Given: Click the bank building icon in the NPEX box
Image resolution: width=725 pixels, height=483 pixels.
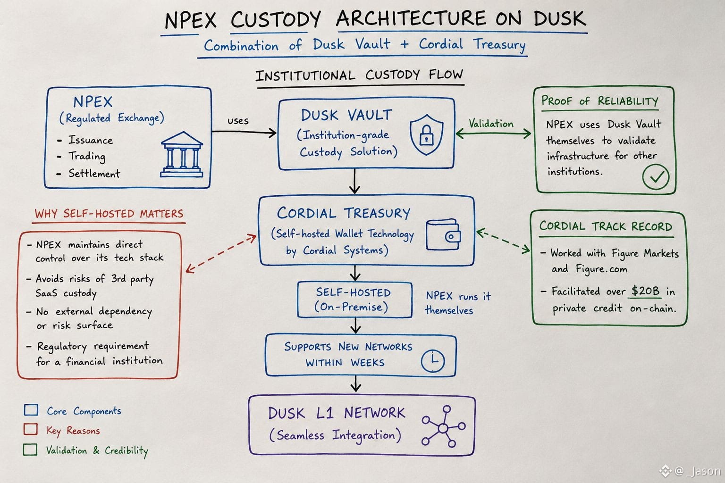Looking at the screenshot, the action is click(x=182, y=154).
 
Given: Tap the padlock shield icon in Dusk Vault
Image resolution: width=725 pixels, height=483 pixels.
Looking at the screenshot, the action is click(x=426, y=134).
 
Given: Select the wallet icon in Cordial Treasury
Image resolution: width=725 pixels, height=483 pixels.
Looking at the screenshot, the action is click(x=443, y=235).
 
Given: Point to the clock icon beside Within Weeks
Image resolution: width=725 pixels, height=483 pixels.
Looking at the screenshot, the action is click(x=433, y=361).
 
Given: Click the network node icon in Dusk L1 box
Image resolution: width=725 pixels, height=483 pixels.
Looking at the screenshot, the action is click(x=444, y=426).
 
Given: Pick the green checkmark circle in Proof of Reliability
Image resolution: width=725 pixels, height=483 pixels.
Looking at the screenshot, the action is click(x=656, y=176).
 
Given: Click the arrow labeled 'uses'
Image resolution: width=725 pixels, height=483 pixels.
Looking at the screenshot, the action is click(x=244, y=132).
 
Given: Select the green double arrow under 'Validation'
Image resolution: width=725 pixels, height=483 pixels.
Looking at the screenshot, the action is click(x=493, y=133).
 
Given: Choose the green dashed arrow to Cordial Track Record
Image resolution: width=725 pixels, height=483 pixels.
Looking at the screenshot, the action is click(x=503, y=241).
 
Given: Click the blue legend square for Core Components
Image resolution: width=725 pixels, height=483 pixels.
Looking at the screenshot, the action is click(x=31, y=409).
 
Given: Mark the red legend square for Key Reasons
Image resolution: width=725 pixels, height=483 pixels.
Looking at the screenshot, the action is click(x=31, y=429).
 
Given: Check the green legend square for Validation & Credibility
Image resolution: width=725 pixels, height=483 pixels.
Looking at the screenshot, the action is click(x=30, y=450).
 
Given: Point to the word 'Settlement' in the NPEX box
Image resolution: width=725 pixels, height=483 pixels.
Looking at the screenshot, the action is click(x=94, y=174).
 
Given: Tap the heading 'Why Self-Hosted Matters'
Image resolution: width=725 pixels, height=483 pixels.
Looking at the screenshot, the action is click(x=109, y=214).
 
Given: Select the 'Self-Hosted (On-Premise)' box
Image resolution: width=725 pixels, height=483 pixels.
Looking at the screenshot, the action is click(x=355, y=300).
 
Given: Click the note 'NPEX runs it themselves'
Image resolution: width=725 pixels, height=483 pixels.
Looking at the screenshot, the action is click(x=458, y=303).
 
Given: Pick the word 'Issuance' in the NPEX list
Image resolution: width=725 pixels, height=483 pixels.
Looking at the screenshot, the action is click(x=91, y=140).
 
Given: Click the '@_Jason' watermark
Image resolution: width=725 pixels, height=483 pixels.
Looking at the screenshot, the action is click(x=691, y=471).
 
